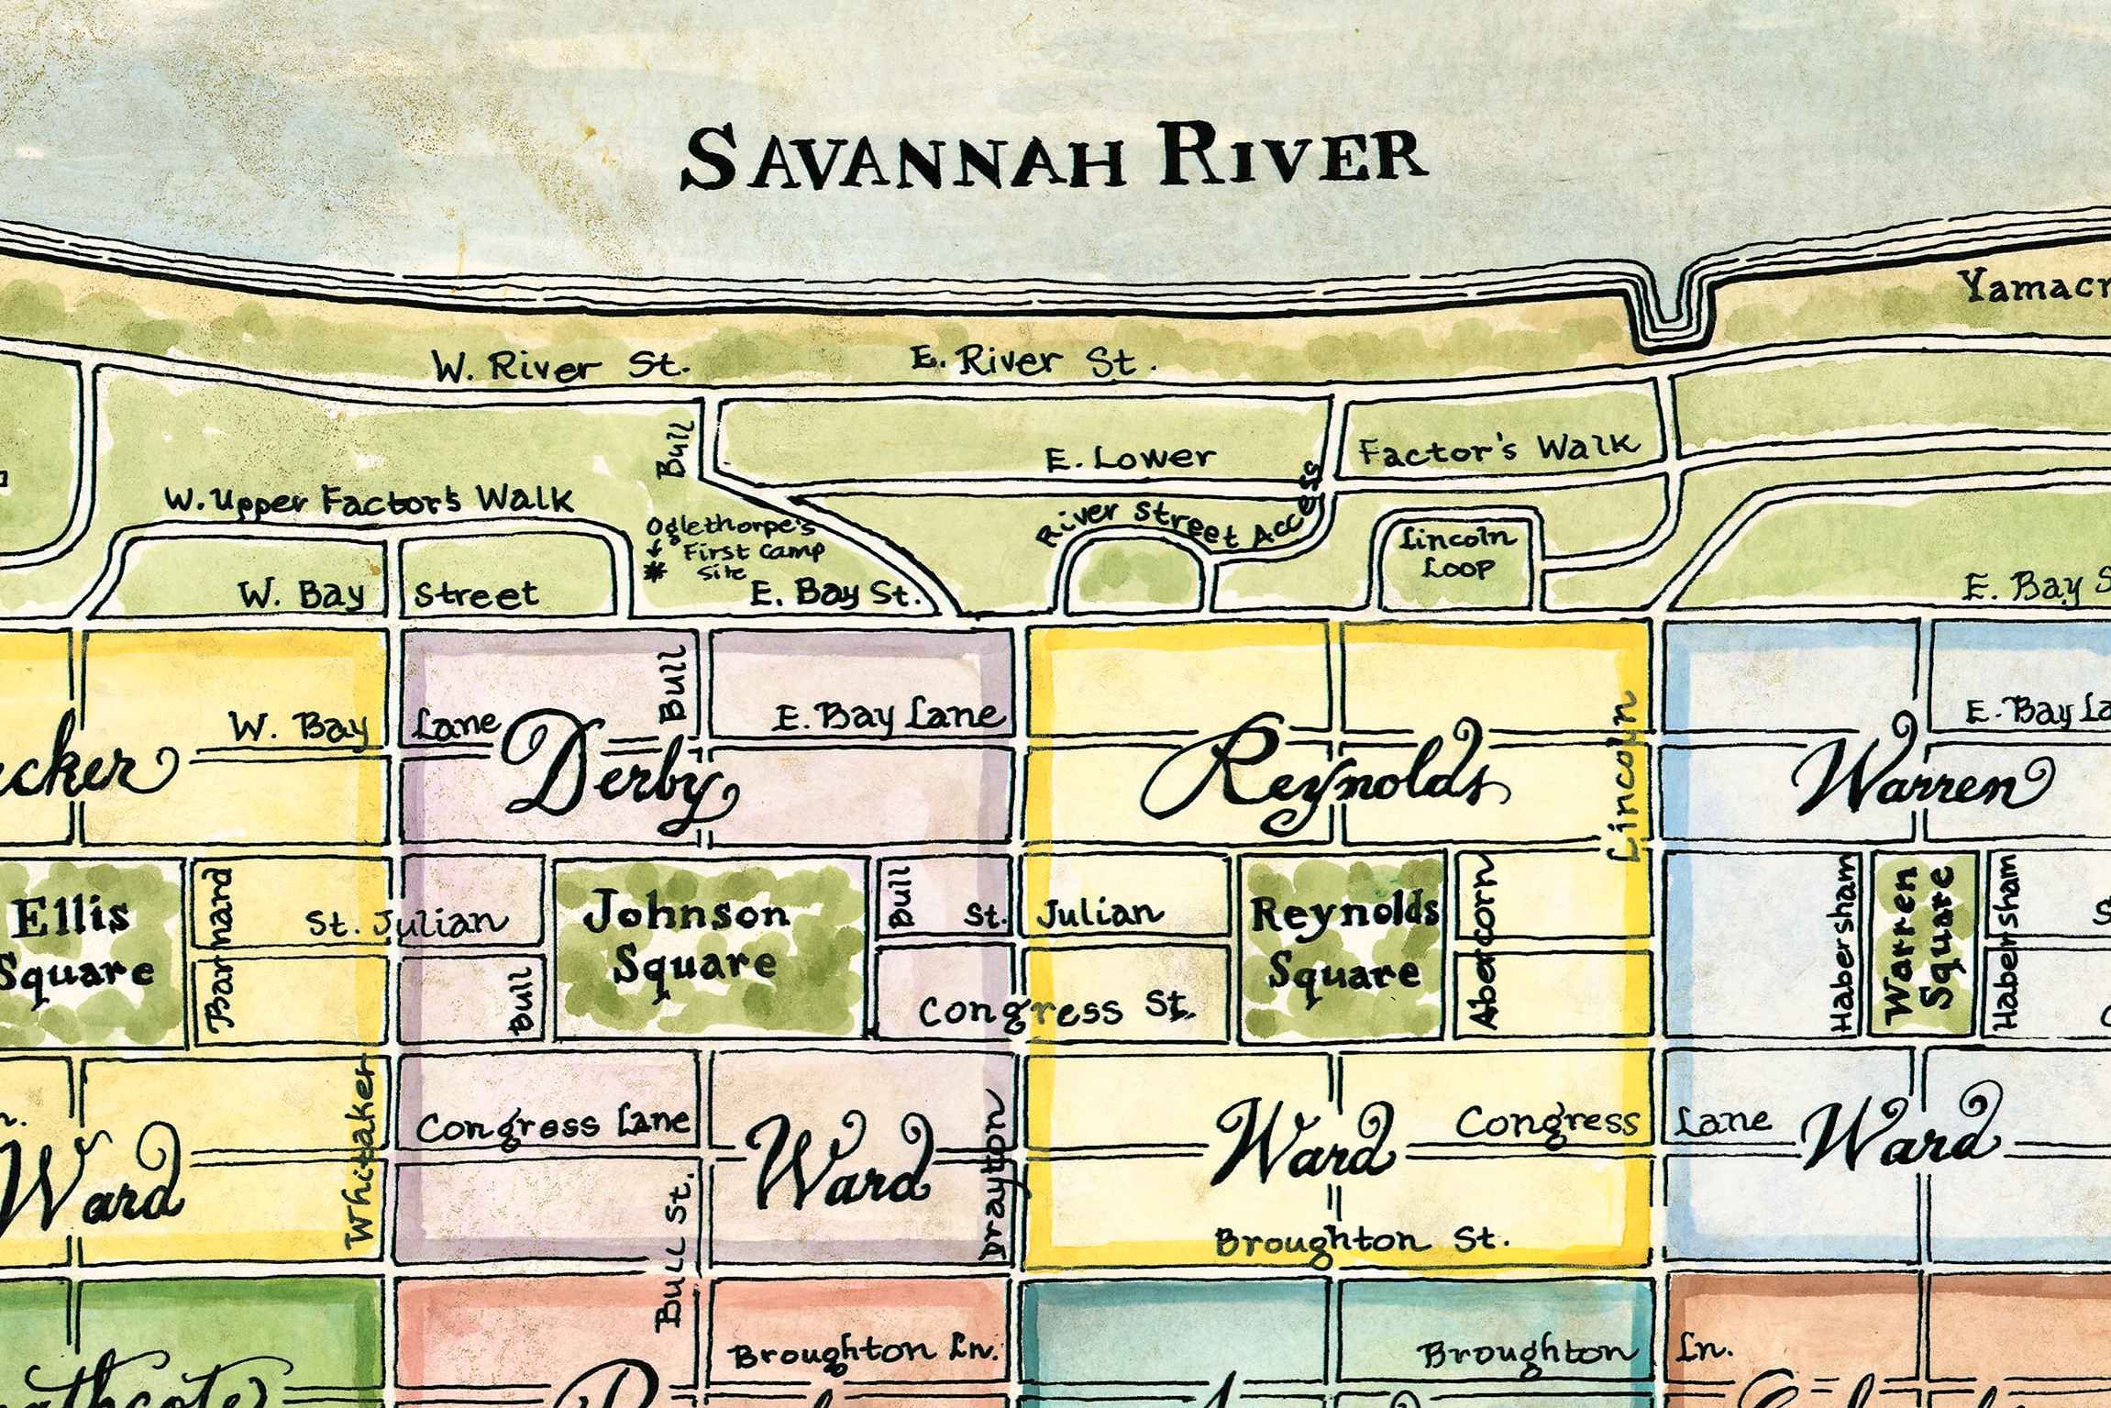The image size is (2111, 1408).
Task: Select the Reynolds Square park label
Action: click(1344, 942)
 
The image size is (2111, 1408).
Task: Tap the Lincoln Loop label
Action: click(1458, 553)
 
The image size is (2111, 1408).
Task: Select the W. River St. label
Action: click(559, 368)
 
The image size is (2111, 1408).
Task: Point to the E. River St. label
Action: click(1032, 362)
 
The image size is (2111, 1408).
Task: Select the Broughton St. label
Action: click(1362, 1241)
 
